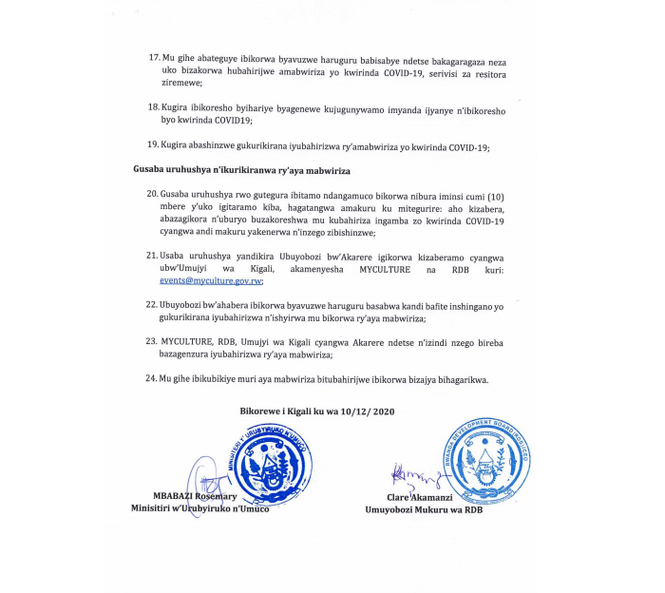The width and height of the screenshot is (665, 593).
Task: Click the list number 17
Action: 154,58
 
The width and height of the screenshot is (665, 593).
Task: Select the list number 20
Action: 153,193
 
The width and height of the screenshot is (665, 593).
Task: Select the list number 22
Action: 153,304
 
